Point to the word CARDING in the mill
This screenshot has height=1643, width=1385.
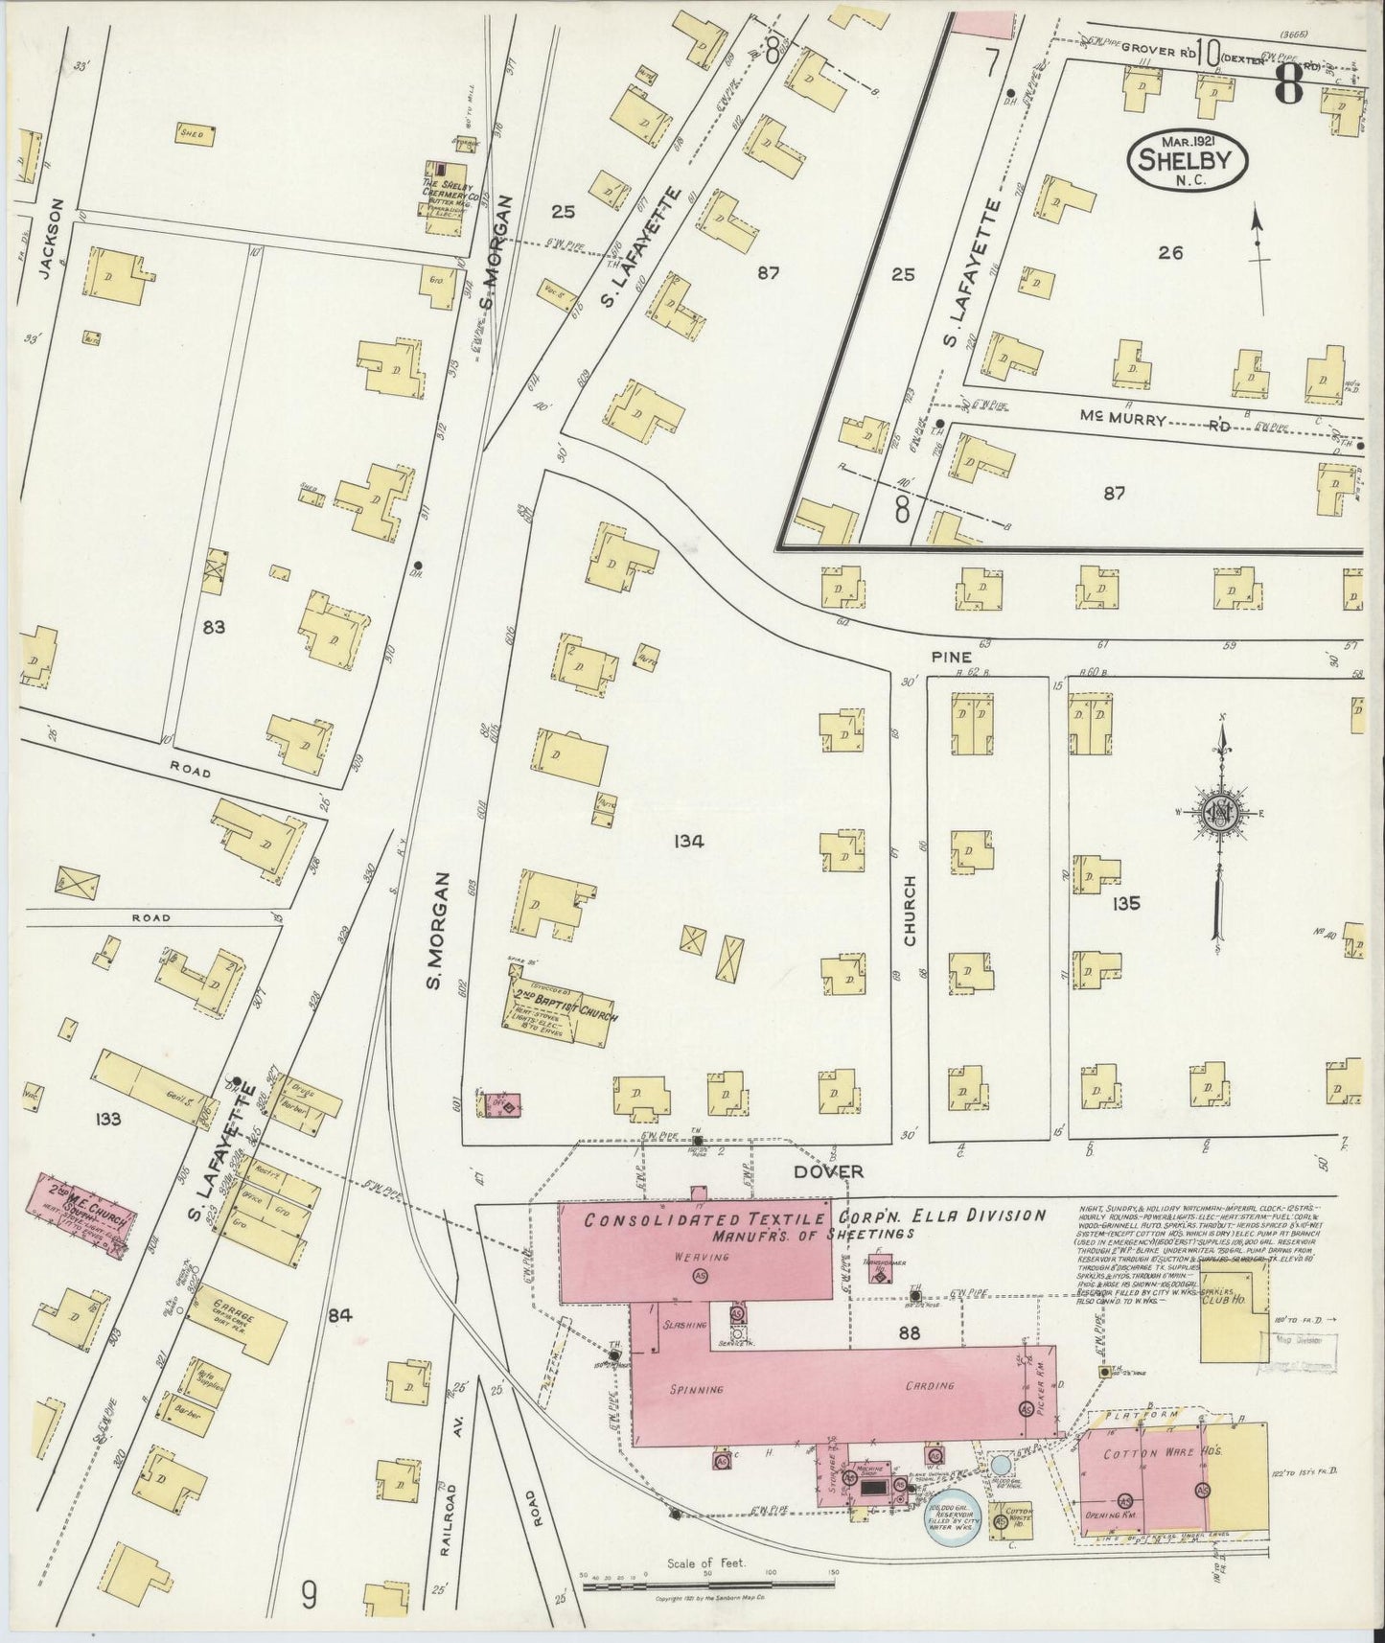click(x=929, y=1386)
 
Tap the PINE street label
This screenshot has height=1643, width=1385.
click(x=957, y=657)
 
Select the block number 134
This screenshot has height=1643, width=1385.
click(x=688, y=842)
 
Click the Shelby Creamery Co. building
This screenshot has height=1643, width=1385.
click(x=443, y=188)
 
